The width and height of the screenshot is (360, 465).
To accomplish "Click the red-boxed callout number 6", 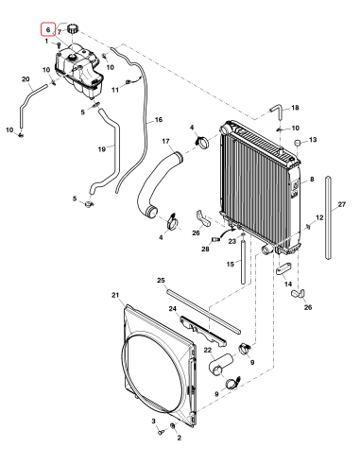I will pos(48,30).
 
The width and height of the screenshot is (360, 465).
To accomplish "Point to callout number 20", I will pos(26,79).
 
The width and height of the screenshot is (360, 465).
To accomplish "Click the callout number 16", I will pos(159,120).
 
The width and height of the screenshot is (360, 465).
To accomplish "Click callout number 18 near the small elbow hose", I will pos(294,109).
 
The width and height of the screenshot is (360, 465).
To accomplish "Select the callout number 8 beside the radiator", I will pos(312,179).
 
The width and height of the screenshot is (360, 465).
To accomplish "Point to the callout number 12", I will pos(319,218).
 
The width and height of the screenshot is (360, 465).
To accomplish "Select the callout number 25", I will pos(161,281).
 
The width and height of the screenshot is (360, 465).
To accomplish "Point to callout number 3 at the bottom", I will pos(154,419).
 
